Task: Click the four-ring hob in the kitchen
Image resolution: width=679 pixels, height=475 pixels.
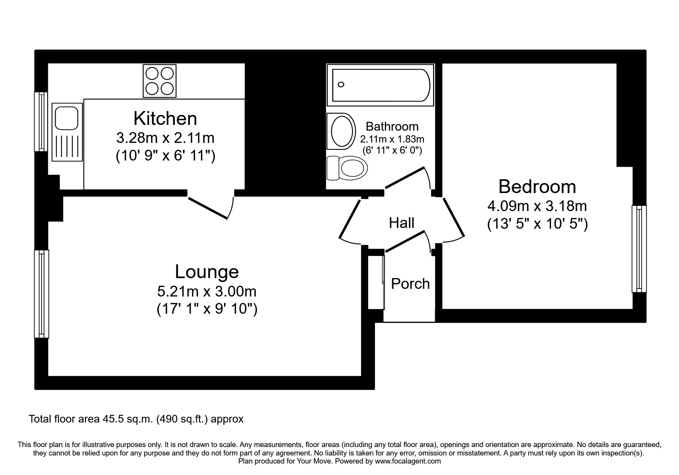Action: tap(159, 81)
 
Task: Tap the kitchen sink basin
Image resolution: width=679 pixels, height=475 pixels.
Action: tap(67, 118)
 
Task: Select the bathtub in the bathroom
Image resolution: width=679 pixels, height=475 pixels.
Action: tap(381, 85)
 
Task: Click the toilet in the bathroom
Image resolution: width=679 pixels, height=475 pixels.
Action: tap(347, 168)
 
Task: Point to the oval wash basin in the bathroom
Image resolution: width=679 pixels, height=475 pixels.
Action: tap(340, 131)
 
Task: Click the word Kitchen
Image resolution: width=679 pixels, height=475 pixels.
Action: tap(165, 118)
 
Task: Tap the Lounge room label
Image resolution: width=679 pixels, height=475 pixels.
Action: tap(207, 272)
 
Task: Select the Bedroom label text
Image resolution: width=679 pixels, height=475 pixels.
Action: tap(537, 187)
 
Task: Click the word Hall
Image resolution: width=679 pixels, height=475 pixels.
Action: tap(401, 223)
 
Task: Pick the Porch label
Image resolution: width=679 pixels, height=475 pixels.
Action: tap(410, 283)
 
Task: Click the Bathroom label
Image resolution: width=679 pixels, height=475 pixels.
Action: tap(392, 126)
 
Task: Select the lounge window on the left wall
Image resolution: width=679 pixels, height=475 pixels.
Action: tap(41, 294)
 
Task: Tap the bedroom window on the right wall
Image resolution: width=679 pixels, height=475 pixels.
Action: tap(639, 249)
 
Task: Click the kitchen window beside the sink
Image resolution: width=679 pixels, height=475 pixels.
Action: tap(41, 121)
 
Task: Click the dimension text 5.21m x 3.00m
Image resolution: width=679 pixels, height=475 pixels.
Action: tap(207, 292)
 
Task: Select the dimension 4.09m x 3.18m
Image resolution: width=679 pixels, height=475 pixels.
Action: tap(537, 206)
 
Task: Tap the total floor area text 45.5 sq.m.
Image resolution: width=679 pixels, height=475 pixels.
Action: tap(136, 419)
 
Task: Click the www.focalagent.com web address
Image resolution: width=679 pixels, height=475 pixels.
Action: tap(408, 461)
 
